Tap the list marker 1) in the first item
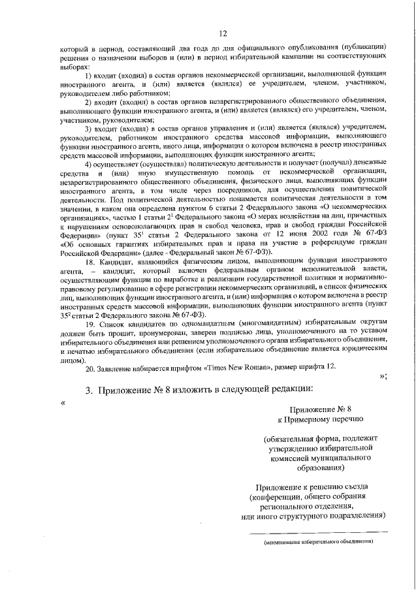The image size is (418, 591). [89, 78]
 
